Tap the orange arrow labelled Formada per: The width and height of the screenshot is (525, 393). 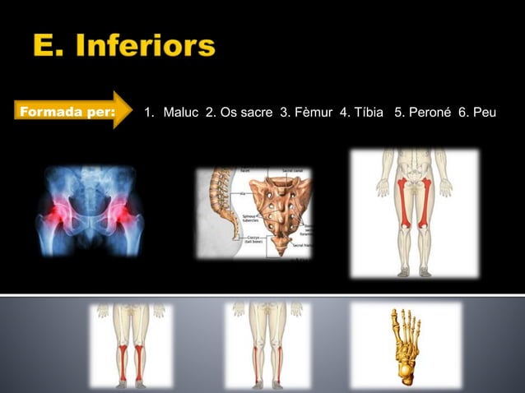point(73,111)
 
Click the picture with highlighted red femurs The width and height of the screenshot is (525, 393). point(413,212)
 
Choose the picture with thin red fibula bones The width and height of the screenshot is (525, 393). point(267,345)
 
